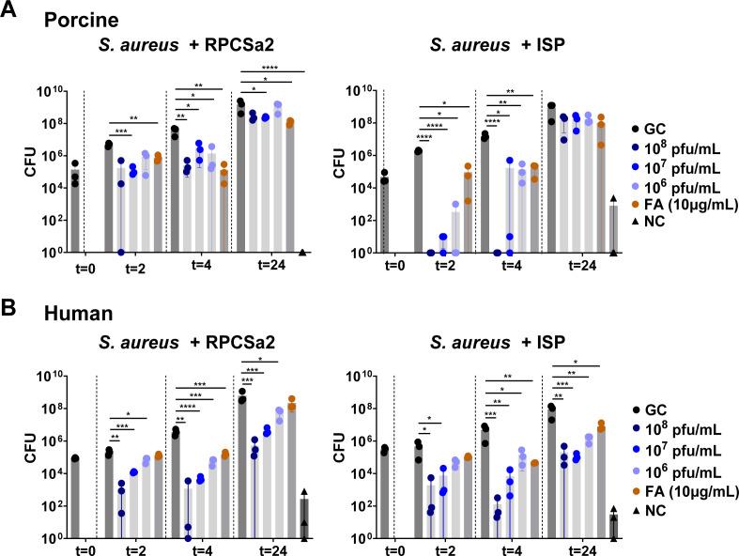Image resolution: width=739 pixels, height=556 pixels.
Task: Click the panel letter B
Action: coord(10,302)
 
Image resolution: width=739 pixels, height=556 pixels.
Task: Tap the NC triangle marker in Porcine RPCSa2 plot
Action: coord(302,252)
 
